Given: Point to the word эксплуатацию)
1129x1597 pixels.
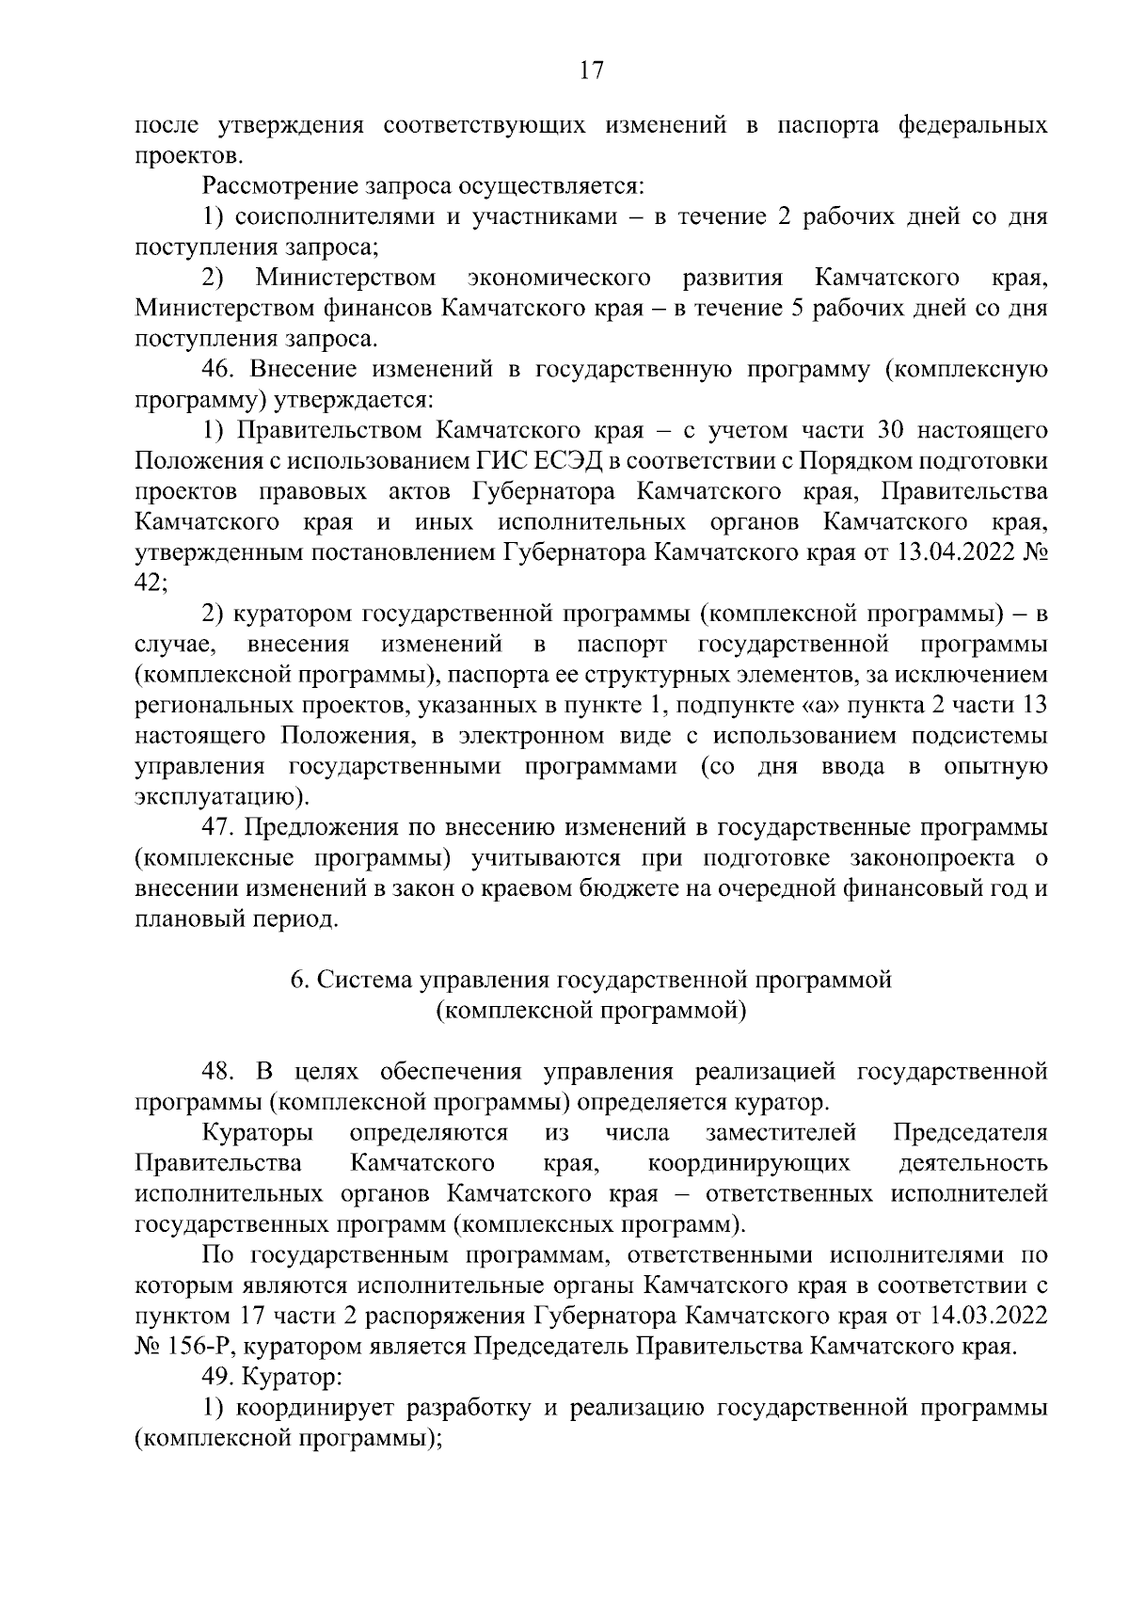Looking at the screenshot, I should pos(221,797).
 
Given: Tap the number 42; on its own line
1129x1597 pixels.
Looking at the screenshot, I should pos(151,583).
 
